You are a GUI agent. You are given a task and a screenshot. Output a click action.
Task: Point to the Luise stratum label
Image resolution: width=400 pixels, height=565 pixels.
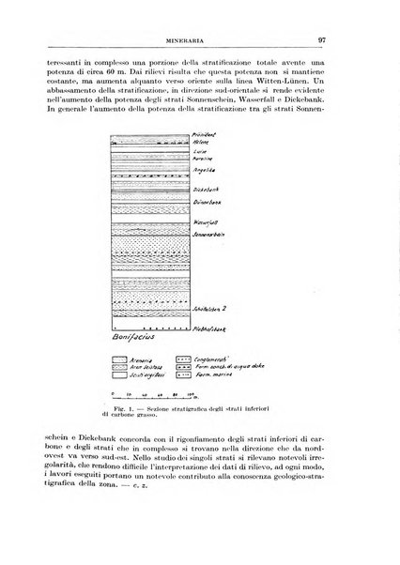(x=201, y=152)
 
